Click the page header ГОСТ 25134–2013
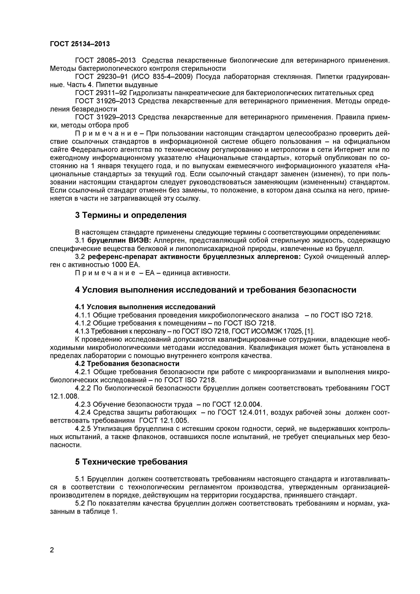pos(80,44)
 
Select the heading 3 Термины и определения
pos(131,215)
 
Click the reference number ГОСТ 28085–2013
pos(105,61)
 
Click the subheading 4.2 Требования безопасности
pos(127,364)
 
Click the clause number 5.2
pos(80,503)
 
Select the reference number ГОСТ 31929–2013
pos(105,117)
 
